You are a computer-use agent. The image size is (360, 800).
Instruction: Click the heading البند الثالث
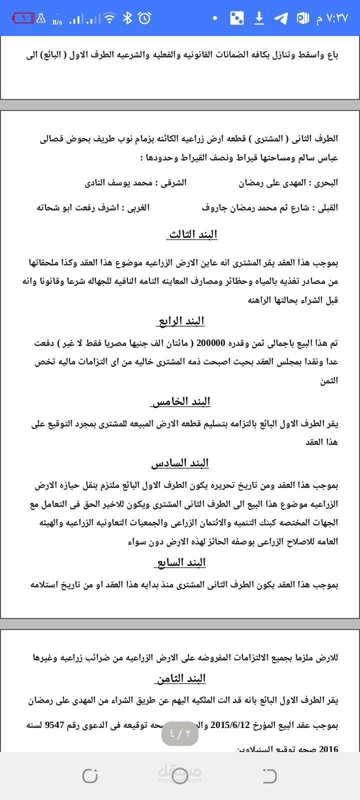click(x=193, y=234)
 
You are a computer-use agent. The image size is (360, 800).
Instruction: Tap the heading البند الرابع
click(x=181, y=321)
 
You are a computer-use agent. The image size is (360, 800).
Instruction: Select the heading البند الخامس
click(x=180, y=401)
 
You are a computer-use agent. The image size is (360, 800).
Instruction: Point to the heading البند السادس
click(x=180, y=463)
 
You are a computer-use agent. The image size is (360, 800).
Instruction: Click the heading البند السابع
click(x=180, y=562)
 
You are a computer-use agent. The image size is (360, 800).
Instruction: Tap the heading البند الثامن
click(x=180, y=678)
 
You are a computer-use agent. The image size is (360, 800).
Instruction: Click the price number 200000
click(x=211, y=343)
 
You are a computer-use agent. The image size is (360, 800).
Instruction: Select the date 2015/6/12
click(x=231, y=724)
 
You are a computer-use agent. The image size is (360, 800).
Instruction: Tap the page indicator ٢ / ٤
click(x=180, y=733)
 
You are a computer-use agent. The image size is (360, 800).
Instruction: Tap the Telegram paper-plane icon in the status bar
click(x=281, y=18)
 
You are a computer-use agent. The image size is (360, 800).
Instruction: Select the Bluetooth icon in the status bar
click(x=127, y=18)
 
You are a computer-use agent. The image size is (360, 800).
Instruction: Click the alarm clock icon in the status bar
click(x=144, y=18)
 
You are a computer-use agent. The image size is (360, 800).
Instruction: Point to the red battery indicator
click(x=23, y=18)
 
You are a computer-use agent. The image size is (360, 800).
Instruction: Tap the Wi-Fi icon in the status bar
click(x=108, y=18)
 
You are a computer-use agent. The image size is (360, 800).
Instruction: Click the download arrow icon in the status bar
click(x=259, y=18)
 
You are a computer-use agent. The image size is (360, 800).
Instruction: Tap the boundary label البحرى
click(x=326, y=183)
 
